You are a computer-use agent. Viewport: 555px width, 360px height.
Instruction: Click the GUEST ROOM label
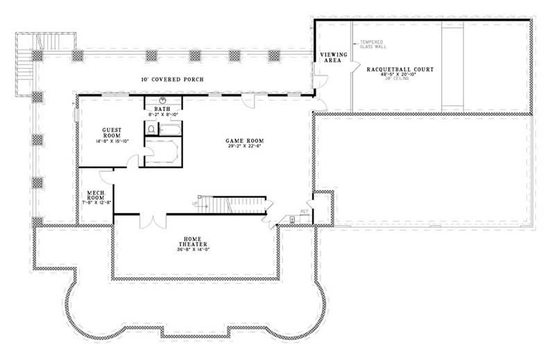click(112, 133)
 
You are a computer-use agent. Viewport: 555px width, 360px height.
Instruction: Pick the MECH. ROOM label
click(96, 195)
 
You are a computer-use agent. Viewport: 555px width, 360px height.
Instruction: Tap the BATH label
click(162, 110)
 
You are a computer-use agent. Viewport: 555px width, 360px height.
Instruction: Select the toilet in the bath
click(151, 129)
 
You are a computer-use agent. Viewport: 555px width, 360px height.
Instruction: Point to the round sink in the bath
click(162, 101)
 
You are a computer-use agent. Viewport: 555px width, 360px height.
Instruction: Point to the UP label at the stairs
click(196, 203)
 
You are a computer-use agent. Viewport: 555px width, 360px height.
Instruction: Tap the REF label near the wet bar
click(303, 211)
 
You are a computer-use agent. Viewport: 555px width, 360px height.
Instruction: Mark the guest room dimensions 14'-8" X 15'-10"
click(112, 142)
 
